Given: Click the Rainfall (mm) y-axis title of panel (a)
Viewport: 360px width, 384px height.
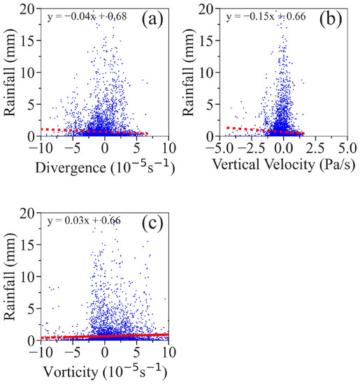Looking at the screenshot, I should (10, 72).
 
